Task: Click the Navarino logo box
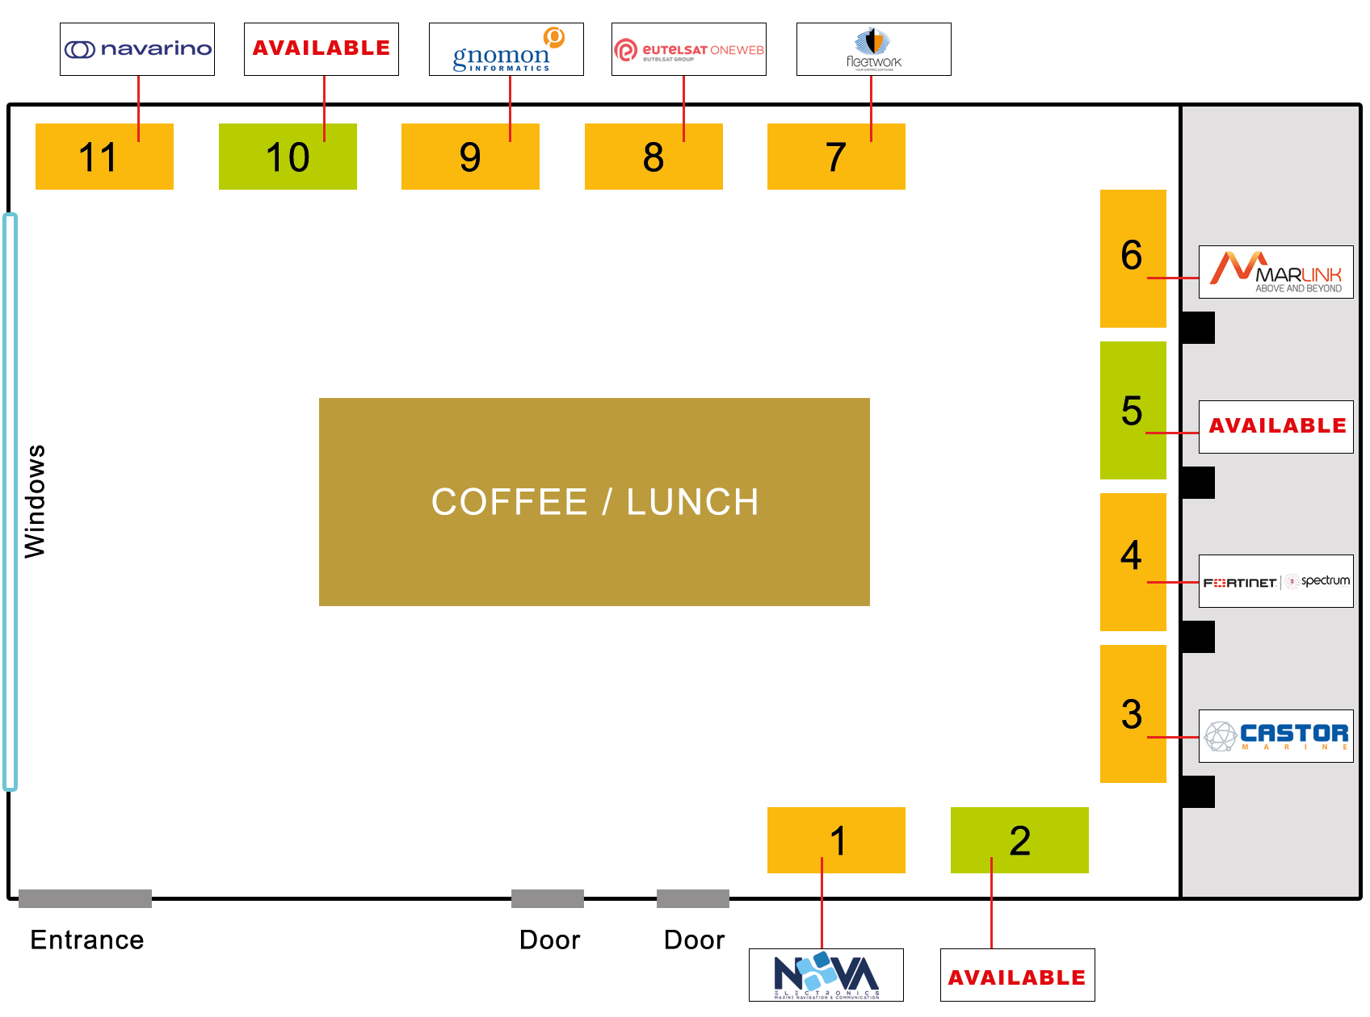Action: pyautogui.click(x=137, y=49)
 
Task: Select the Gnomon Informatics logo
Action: pyautogui.click(x=506, y=49)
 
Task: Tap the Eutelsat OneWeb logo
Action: pyautogui.click(x=688, y=49)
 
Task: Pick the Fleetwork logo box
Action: pyautogui.click(x=873, y=49)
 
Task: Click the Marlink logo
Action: pyautogui.click(x=1275, y=272)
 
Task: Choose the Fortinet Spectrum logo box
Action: pyautogui.click(x=1275, y=581)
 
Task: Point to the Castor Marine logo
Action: pyautogui.click(x=1275, y=736)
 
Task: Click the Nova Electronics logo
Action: pyautogui.click(x=826, y=975)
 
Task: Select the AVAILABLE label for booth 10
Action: pyautogui.click(x=321, y=49)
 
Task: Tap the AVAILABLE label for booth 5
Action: pyautogui.click(x=1275, y=426)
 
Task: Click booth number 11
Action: pyautogui.click(x=104, y=157)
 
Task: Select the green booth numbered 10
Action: pyautogui.click(x=288, y=157)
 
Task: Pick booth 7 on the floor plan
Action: pyautogui.click(x=836, y=157)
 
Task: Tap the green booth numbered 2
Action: pyautogui.click(x=1019, y=840)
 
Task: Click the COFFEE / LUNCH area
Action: pyautogui.click(x=594, y=501)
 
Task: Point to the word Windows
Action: pyautogui.click(x=35, y=500)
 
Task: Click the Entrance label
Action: pyautogui.click(x=86, y=940)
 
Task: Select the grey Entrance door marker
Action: pyautogui.click(x=85, y=898)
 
